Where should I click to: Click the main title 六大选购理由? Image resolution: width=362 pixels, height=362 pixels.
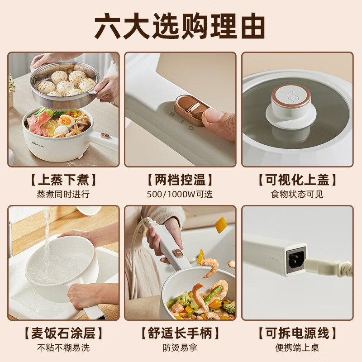click(180, 26)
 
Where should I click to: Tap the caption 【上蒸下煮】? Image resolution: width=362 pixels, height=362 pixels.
click(63, 180)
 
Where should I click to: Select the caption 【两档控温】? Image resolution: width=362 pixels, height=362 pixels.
click(180, 180)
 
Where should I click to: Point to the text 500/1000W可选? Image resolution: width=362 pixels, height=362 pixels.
click(180, 194)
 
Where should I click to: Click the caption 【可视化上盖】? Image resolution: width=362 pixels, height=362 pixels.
click(297, 180)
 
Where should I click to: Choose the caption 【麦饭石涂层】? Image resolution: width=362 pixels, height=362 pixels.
click(63, 333)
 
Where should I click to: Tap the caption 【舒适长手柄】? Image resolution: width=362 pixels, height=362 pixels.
click(180, 333)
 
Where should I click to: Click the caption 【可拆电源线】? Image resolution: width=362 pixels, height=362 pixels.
click(297, 333)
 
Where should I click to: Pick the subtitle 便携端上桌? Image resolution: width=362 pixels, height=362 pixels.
click(297, 348)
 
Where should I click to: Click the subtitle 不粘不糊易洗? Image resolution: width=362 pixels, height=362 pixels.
click(63, 348)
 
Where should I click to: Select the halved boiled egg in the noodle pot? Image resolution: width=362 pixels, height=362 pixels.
click(66, 120)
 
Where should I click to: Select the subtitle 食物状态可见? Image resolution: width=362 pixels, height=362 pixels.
click(297, 194)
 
